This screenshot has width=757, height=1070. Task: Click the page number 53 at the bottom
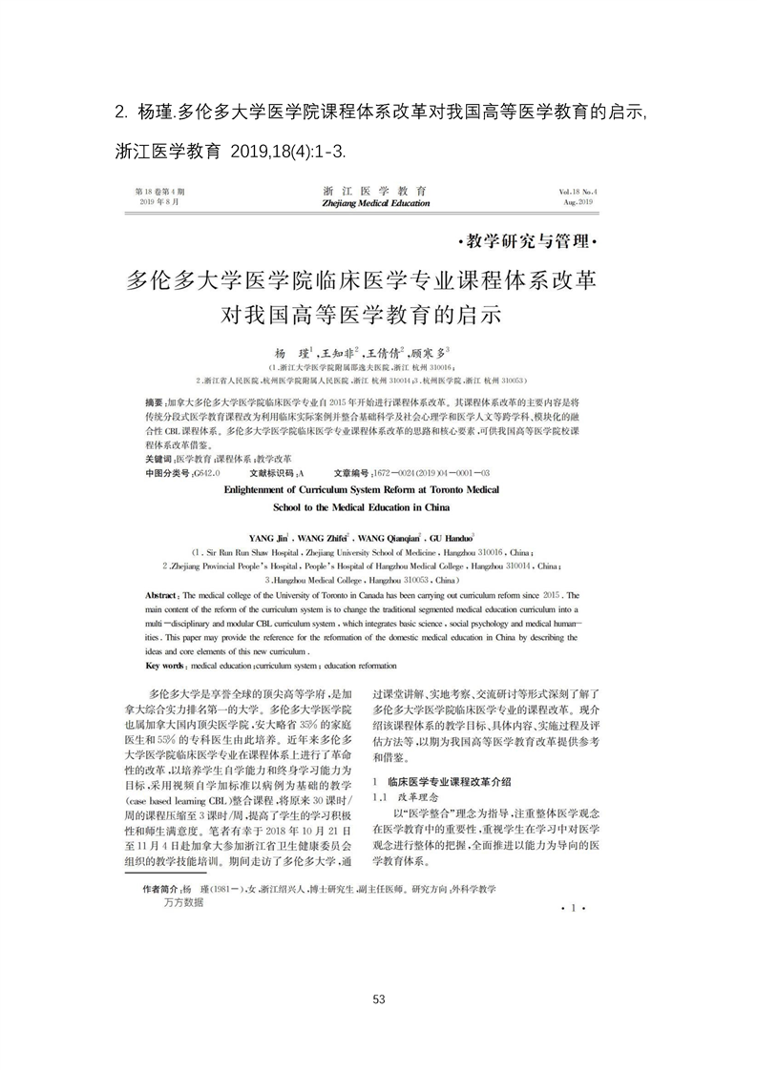tap(379, 999)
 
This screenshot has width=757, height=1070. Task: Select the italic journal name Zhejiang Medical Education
tap(376, 203)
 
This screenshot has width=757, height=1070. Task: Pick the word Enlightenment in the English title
tap(266, 486)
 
